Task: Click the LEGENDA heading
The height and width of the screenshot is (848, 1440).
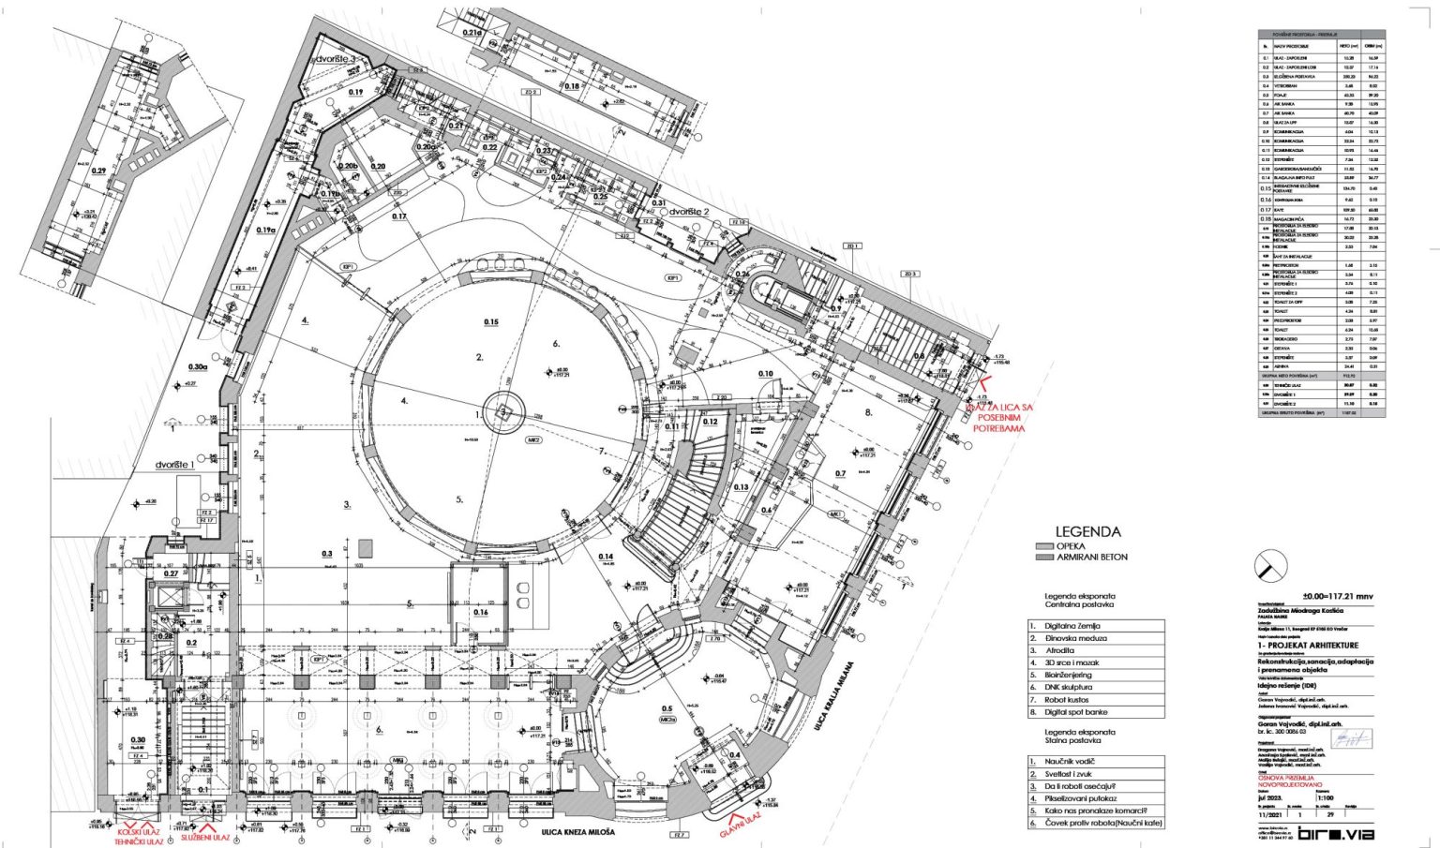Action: pyautogui.click(x=1087, y=531)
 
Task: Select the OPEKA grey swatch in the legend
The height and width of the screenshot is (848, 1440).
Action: pyautogui.click(x=1044, y=545)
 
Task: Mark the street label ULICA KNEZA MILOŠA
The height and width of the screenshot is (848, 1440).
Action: pyautogui.click(x=577, y=832)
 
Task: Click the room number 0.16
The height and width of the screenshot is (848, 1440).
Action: pyautogui.click(x=481, y=613)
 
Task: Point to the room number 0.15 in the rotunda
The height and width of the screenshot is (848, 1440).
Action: pyautogui.click(x=490, y=322)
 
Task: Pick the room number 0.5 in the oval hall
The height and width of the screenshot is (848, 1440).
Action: pyautogui.click(x=667, y=708)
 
